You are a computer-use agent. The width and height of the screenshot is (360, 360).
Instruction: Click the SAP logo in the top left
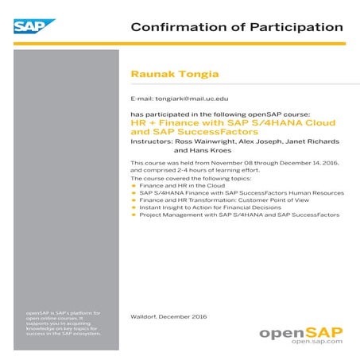tap(33, 27)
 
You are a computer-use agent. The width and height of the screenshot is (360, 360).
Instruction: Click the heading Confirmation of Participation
tap(236, 27)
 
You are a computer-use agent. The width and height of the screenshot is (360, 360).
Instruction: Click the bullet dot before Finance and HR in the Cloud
tap(134, 185)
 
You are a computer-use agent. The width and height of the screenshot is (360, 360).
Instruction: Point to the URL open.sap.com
tap(316, 341)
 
